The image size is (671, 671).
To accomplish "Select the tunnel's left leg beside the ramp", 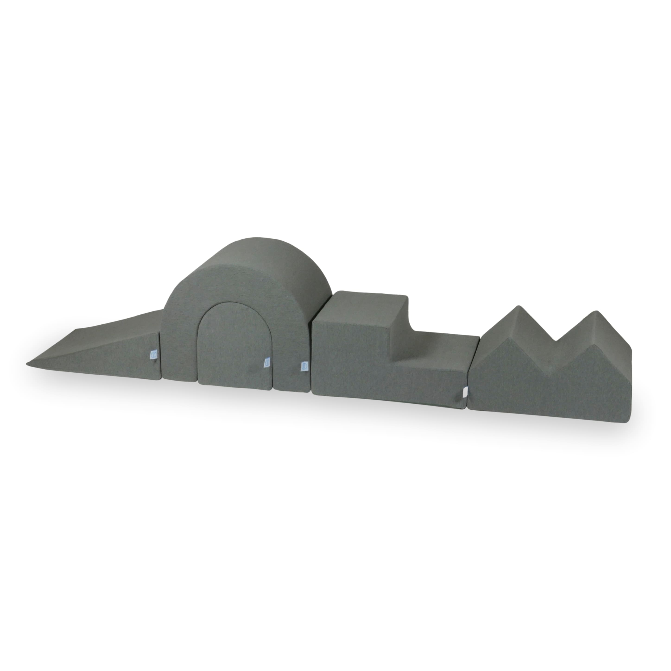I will pos(179,347).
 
